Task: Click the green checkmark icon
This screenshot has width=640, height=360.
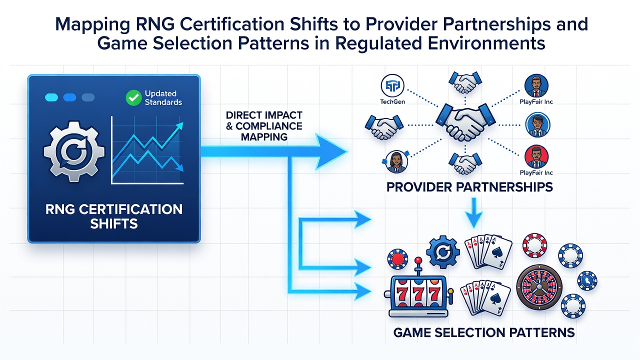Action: (x=133, y=97)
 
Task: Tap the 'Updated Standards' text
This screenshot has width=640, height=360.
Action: (x=163, y=97)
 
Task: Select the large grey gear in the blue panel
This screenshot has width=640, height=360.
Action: (x=74, y=151)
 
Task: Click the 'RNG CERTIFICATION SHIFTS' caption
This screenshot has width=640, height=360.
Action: (x=114, y=216)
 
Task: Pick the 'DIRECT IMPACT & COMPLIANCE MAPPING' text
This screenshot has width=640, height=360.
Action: (x=264, y=126)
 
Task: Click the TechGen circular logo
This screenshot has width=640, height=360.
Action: (x=392, y=85)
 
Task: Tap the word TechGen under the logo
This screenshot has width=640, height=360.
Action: (x=392, y=101)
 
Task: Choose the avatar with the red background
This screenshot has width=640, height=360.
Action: (x=536, y=157)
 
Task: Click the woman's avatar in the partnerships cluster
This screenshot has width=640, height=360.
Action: (x=396, y=162)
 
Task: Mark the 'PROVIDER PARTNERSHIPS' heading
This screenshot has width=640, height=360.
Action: (x=469, y=187)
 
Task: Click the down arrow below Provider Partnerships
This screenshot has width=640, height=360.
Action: (x=473, y=213)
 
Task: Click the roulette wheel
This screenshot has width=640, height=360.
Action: (x=539, y=287)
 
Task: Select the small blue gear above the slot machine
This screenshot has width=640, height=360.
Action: (x=443, y=251)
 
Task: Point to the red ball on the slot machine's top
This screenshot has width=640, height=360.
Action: (x=418, y=260)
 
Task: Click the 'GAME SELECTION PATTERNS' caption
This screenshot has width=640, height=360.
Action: (x=483, y=332)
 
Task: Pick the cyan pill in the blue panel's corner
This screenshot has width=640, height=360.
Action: (x=51, y=97)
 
